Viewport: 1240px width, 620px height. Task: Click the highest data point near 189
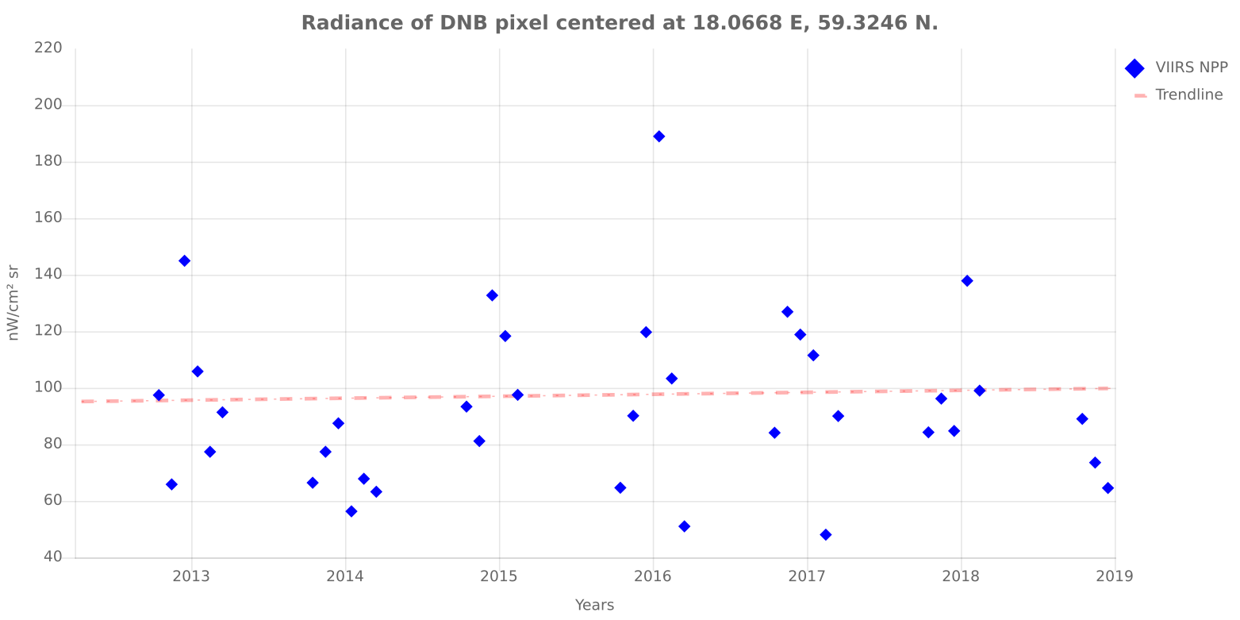[x=658, y=137]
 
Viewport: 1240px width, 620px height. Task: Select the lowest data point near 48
[x=825, y=535]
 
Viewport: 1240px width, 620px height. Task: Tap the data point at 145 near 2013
[x=184, y=261]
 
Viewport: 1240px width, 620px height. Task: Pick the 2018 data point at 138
[x=966, y=281]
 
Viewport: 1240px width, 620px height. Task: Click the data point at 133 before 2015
[x=492, y=295]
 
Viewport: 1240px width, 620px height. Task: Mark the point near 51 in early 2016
[x=684, y=526]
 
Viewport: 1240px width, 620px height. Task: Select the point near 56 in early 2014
[x=351, y=511]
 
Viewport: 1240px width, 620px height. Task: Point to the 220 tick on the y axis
[x=48, y=48]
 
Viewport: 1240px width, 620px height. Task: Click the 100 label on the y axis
[x=48, y=388]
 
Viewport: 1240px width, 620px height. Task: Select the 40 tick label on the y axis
[x=52, y=557]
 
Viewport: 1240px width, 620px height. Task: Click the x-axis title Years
[x=594, y=606]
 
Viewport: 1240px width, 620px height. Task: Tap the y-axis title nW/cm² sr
[x=13, y=302]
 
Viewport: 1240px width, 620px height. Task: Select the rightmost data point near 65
[x=1108, y=488]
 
